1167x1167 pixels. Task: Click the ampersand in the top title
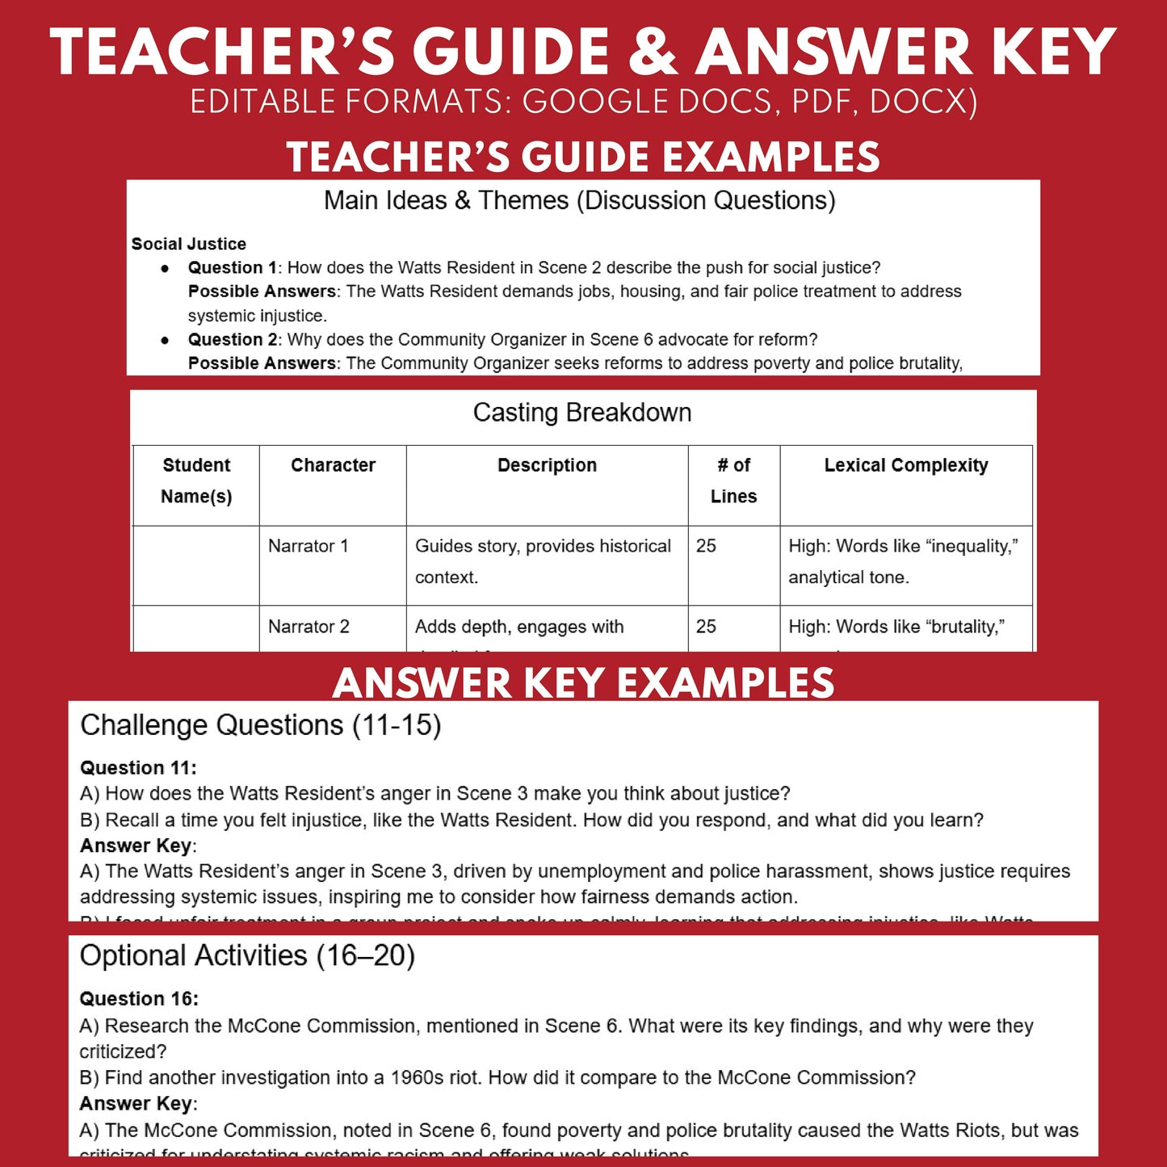pos(652,52)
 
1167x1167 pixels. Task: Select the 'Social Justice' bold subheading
pos(188,244)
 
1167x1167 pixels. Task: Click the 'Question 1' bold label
pos(232,267)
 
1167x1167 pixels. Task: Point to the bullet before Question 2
pos(166,340)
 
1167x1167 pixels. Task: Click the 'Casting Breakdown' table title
pos(582,413)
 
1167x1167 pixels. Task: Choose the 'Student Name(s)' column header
pos(196,481)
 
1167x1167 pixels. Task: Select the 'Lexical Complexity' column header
pos(905,465)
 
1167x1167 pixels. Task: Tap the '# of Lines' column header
pos(733,481)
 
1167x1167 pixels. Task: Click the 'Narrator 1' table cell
pos(308,546)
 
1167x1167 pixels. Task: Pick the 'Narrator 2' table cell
pos(309,627)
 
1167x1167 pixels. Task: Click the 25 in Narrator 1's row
pos(706,546)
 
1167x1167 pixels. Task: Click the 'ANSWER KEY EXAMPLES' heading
pos(583,683)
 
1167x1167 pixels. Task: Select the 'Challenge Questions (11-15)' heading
pos(260,725)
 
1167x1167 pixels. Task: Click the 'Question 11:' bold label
pos(138,768)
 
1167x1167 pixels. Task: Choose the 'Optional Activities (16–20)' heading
pos(247,956)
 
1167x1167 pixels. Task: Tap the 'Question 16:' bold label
pos(138,999)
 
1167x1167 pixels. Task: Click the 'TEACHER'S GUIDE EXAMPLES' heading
pos(583,157)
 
